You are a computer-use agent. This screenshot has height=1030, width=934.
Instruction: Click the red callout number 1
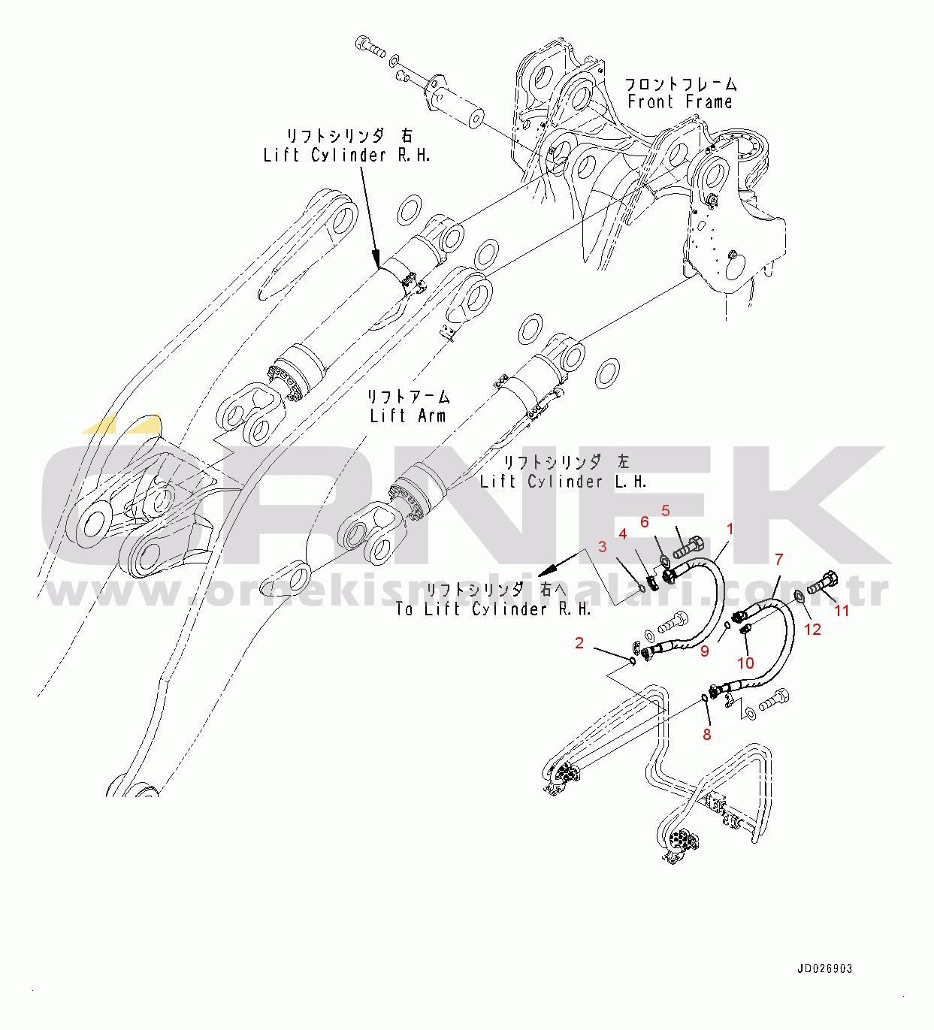pos(729,529)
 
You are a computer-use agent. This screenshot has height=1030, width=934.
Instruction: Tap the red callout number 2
pos(579,643)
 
